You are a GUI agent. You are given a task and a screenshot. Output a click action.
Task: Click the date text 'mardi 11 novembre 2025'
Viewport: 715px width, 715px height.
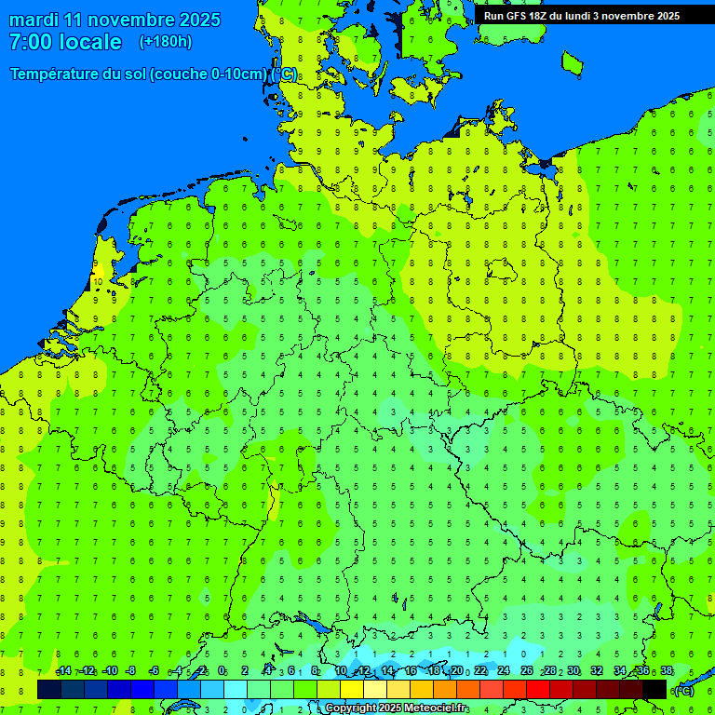[x=115, y=20]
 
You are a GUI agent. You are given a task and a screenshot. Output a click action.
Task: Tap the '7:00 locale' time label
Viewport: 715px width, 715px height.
[x=65, y=42]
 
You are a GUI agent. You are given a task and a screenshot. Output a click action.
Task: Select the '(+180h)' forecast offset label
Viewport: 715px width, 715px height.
[x=166, y=42]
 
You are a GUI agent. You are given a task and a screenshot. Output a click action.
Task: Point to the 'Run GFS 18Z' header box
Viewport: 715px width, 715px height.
[x=582, y=16]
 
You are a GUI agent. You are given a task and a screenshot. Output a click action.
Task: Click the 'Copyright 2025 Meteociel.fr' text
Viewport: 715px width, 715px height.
[x=397, y=708]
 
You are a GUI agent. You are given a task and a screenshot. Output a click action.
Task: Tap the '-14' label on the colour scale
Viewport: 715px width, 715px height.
[x=63, y=671]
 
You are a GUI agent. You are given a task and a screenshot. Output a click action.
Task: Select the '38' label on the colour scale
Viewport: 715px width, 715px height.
[x=667, y=671]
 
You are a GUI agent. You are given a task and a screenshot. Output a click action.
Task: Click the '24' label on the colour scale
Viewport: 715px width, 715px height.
[x=504, y=671]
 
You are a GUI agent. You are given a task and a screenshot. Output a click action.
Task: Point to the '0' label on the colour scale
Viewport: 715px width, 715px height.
[x=222, y=671]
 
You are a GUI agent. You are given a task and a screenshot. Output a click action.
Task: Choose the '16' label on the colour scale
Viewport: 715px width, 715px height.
[x=411, y=671]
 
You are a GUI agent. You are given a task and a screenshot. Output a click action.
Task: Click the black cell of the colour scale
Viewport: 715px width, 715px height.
[x=654, y=689]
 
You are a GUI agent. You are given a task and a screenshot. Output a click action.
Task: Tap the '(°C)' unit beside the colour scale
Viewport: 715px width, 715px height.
[x=684, y=691]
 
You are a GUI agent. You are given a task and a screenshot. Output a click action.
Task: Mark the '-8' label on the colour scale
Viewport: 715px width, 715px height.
[x=131, y=671]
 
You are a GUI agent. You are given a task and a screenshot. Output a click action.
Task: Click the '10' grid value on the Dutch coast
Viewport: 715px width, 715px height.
[x=98, y=280]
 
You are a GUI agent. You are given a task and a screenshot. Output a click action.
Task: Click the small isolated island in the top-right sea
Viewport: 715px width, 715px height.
[x=572, y=62]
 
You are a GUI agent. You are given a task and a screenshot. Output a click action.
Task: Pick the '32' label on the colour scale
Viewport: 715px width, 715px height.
[x=597, y=671]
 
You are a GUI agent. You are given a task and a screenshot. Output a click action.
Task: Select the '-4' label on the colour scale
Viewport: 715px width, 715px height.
[x=177, y=671]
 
